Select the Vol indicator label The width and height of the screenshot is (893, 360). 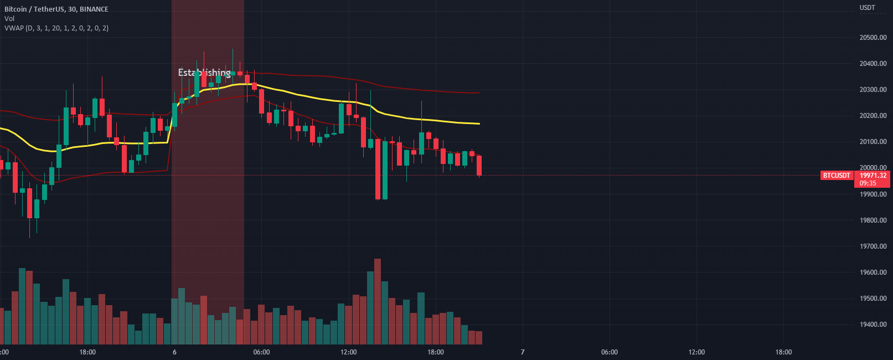click(x=9, y=18)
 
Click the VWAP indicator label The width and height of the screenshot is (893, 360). click(x=56, y=28)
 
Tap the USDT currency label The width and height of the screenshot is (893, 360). click(x=867, y=8)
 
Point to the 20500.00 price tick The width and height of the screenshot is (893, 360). click(x=873, y=38)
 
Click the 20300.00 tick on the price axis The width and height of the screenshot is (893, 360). click(x=873, y=90)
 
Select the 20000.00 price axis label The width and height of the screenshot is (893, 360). click(x=873, y=168)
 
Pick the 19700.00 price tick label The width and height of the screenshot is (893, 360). click(x=873, y=246)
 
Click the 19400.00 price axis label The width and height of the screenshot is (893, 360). click(x=873, y=325)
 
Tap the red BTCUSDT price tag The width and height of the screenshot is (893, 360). click(x=836, y=176)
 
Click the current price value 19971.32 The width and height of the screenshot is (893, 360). click(x=873, y=176)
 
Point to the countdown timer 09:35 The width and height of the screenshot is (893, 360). click(x=868, y=183)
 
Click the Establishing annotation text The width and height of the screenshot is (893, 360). click(x=204, y=73)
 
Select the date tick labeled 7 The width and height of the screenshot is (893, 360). click(x=523, y=352)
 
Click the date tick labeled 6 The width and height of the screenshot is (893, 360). click(x=174, y=352)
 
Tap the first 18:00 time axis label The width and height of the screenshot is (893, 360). click(x=87, y=352)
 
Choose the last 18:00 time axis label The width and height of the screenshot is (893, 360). click(x=783, y=352)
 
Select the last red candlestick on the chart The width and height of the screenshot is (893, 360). click(x=479, y=166)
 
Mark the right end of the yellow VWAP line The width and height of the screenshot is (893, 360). click(x=479, y=124)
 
